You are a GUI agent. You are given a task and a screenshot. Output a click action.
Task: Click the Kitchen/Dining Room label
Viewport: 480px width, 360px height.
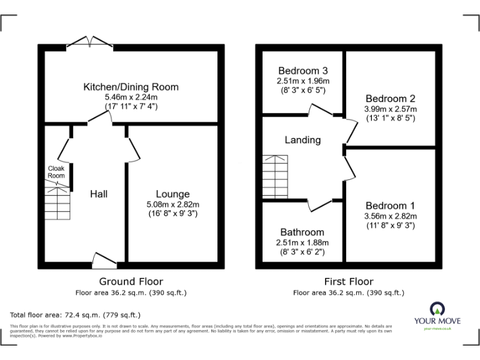(x=131, y=87)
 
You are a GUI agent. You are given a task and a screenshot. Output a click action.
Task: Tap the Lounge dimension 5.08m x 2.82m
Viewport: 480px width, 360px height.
(x=172, y=204)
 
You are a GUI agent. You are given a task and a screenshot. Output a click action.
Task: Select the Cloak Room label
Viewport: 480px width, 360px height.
(x=56, y=172)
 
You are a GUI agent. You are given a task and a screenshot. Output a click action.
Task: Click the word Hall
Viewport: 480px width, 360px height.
(x=98, y=194)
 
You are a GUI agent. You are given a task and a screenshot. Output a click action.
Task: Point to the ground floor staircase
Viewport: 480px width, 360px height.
(x=57, y=204)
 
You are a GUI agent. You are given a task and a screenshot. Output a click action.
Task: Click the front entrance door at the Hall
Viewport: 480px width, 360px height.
(x=104, y=259)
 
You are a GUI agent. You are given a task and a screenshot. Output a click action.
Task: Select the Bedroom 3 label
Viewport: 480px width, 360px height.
(x=303, y=71)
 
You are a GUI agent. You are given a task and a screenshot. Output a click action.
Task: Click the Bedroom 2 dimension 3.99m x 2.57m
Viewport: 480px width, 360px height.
(x=391, y=109)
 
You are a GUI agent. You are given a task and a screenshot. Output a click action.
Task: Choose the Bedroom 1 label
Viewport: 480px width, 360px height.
(x=390, y=206)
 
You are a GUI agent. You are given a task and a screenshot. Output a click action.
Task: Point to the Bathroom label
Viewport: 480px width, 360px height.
(x=302, y=232)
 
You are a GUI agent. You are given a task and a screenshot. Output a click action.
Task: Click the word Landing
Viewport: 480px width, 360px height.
(x=302, y=140)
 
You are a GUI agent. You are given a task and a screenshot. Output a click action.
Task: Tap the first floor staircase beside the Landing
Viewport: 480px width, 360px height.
(x=275, y=176)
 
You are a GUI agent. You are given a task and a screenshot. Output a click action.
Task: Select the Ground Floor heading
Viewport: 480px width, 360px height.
(x=131, y=282)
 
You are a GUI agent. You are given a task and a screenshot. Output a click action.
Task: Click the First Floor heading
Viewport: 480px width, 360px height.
(x=348, y=282)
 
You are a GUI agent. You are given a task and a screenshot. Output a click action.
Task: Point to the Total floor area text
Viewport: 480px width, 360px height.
(x=76, y=314)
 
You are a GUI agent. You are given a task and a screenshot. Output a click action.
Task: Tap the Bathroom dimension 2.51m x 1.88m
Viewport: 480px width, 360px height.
(x=302, y=242)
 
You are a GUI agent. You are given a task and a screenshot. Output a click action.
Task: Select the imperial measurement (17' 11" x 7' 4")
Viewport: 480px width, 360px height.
(x=131, y=106)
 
